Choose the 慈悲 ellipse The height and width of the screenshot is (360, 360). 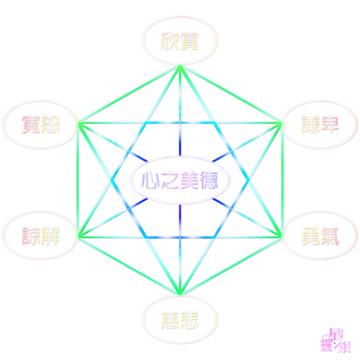pos(179,318)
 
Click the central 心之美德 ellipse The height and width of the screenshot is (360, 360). pos(179,179)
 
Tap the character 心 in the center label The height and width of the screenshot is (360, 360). pos(149,179)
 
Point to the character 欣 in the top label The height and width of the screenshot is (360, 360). pos(170,40)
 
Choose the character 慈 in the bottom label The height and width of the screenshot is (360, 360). pos(170,318)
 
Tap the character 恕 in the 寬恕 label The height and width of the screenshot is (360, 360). pos(50,125)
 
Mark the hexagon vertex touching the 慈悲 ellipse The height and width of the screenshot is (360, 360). pos(179,294)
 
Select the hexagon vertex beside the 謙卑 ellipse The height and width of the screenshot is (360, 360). pos(281,123)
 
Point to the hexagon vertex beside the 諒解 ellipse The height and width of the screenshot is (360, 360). pos(77,236)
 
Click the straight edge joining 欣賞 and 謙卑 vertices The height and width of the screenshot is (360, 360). pos(230,94)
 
